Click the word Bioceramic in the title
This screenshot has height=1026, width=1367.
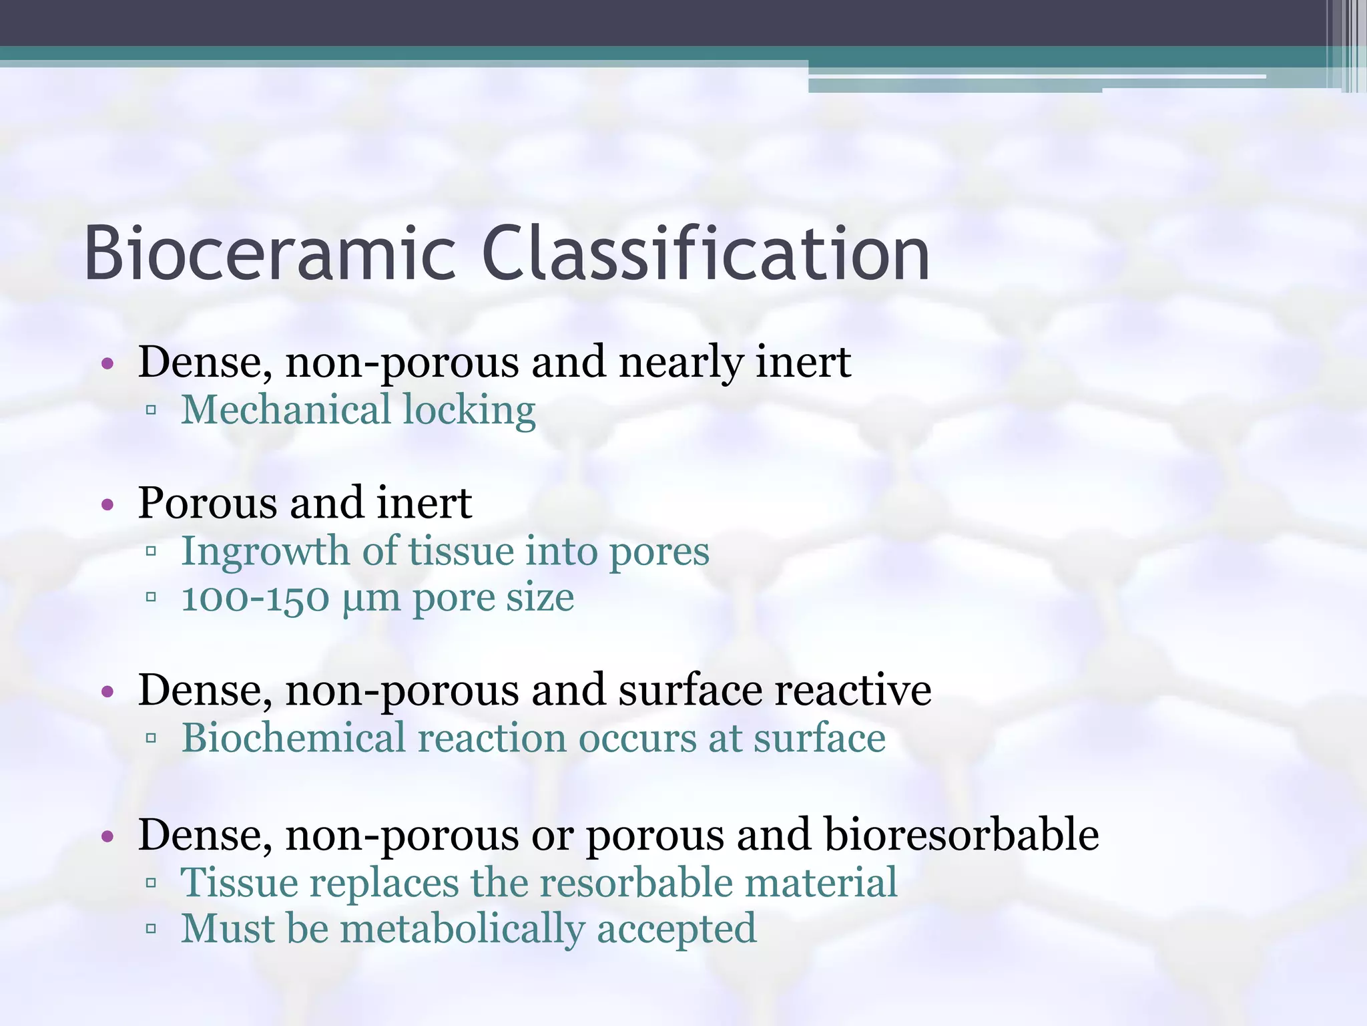270,254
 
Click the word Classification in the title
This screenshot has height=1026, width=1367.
705,254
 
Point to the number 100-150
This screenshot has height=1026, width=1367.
255,598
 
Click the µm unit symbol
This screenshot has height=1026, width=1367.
370,599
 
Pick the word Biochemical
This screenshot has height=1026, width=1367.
294,738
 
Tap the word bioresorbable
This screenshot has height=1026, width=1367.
961,834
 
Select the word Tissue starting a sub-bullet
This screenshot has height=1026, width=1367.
240,882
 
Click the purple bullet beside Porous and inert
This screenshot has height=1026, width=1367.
107,505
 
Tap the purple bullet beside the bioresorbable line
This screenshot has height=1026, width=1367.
107,836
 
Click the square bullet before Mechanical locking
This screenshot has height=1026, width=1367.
151,411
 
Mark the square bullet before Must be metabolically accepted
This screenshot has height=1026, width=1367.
151,928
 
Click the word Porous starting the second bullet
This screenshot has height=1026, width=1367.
205,503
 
